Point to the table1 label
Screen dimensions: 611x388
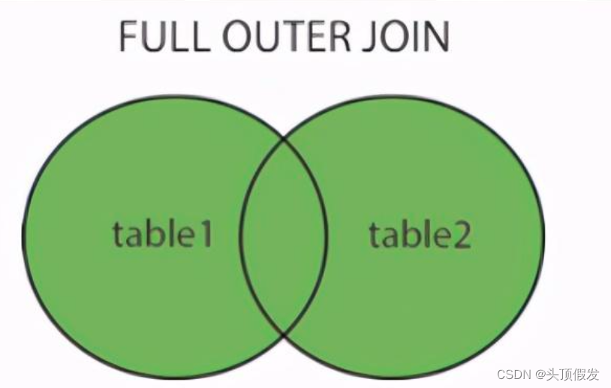163,235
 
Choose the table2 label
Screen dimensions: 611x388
420,235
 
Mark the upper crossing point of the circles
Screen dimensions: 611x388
284,139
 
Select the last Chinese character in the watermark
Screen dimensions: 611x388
593,374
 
